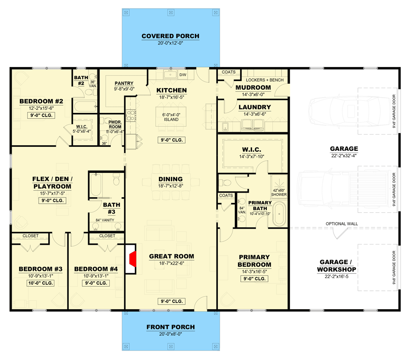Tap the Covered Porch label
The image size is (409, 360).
coord(170,36)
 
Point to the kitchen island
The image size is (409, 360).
coord(171,117)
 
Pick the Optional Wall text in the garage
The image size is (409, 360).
coord(342,224)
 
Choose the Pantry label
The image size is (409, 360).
coord(124,83)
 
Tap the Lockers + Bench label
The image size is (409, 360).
coord(265,80)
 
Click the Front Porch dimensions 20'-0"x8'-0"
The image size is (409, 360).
coord(170,334)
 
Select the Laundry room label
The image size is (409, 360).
coord(255,107)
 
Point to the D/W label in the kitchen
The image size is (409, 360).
coord(183,74)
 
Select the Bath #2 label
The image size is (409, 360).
coord(81,80)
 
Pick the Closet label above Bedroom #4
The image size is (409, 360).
coord(107,235)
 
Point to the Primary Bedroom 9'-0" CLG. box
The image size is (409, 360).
coord(254,279)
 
